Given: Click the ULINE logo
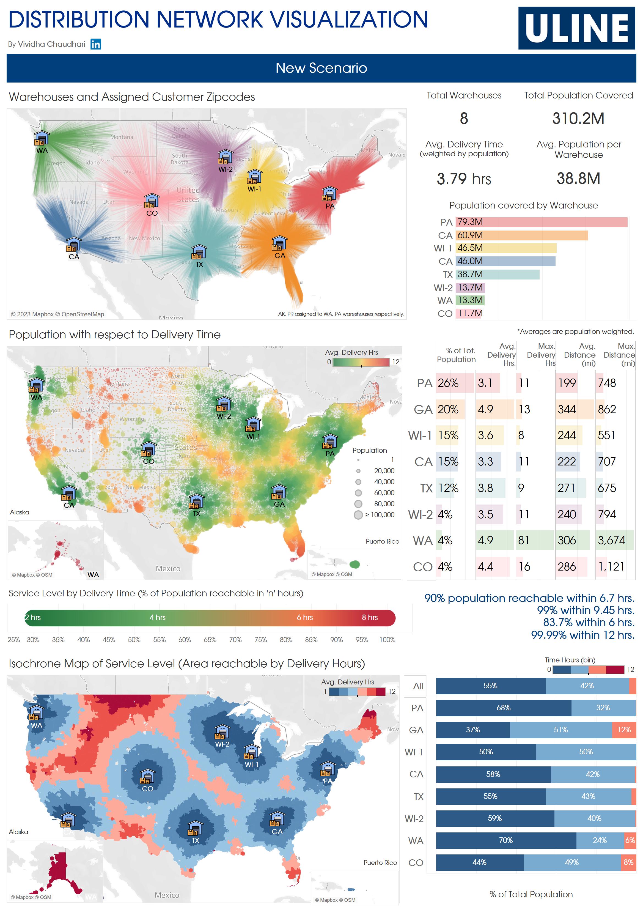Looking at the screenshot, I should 576,28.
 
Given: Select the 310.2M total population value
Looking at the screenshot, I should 578,119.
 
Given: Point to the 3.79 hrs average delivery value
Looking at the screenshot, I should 463,179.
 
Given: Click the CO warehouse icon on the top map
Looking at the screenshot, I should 151,201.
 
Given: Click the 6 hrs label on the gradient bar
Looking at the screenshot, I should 305,618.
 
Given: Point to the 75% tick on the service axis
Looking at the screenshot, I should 260,640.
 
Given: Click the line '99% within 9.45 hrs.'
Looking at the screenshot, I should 585,610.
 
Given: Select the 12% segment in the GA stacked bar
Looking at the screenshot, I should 623,730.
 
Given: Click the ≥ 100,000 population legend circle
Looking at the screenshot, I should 358,515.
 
